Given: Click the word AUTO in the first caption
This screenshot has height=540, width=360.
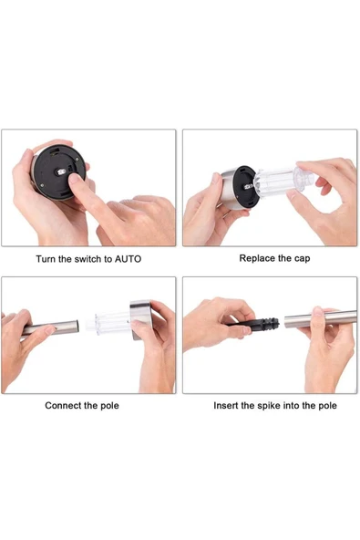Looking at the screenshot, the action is (128, 259).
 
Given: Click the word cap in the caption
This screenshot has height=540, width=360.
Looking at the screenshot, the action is (303, 259).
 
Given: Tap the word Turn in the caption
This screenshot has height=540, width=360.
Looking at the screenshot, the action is (46, 259).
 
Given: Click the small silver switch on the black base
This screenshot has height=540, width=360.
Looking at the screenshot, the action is (61, 171).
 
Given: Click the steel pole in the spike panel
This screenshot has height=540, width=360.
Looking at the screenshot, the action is (321, 318).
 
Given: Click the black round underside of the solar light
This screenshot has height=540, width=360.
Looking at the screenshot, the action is (60, 172).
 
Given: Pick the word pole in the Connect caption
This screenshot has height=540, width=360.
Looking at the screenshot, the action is (109, 405).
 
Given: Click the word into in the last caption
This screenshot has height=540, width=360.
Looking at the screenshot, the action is (291, 405).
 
